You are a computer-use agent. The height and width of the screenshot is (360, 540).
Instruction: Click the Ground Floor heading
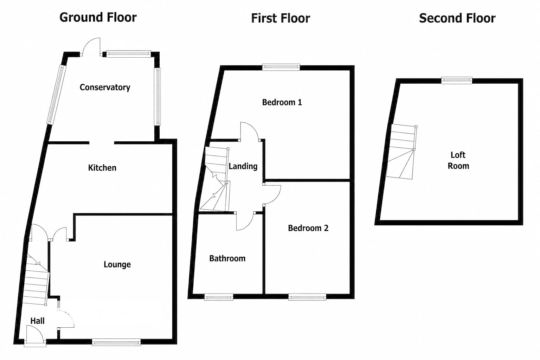98,17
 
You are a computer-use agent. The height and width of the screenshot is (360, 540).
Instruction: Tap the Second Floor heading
457,18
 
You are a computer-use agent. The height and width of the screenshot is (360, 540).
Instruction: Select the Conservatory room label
105,87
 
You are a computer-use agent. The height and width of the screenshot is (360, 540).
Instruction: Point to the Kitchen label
102,168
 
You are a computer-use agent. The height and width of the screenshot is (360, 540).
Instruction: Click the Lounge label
117,264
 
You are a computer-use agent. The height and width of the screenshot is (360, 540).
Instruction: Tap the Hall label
37,321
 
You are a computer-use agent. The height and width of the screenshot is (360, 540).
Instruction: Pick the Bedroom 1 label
282,102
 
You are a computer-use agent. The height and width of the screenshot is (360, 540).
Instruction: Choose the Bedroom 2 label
308,228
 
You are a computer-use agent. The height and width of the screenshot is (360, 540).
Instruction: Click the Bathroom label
227,258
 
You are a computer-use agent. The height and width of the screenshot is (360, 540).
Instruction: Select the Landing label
243,166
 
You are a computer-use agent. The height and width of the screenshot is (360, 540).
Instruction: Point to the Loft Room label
458,160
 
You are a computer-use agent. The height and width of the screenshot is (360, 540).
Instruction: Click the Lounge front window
116,342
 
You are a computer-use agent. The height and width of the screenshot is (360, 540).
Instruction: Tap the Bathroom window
219,297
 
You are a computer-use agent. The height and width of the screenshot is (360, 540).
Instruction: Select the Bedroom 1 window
281,67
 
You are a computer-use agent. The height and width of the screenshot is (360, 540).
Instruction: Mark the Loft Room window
457,80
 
